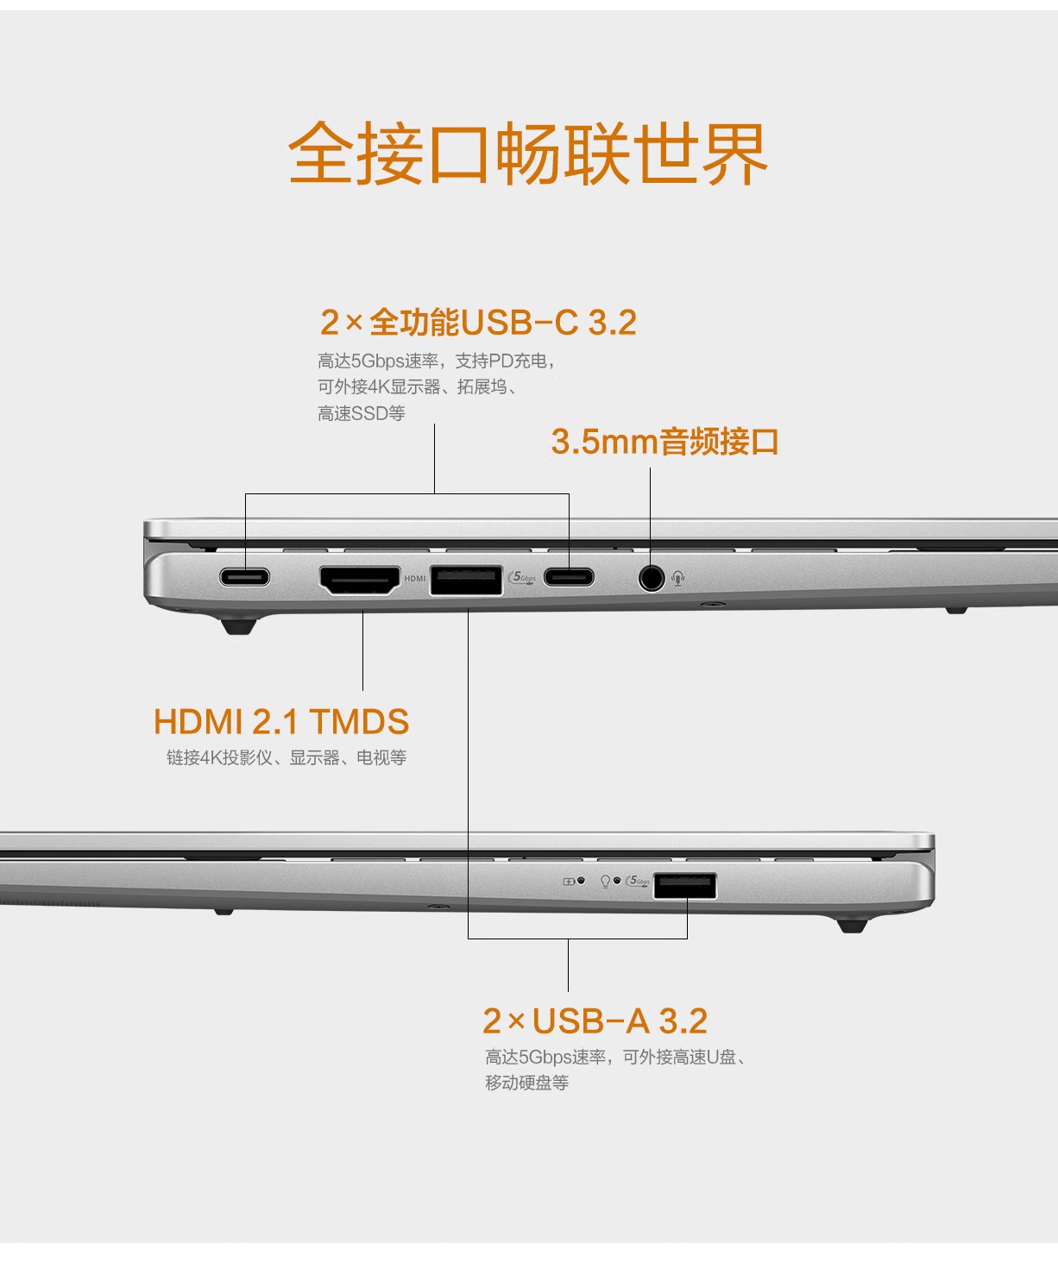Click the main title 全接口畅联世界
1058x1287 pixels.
tap(528, 154)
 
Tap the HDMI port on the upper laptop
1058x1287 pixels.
tap(360, 581)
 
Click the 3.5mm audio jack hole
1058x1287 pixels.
tap(652, 577)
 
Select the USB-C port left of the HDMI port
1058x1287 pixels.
tap(245, 577)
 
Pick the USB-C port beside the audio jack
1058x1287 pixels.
tap(569, 577)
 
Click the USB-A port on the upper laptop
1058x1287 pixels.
tap(466, 581)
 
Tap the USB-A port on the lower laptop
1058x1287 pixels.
tap(684, 886)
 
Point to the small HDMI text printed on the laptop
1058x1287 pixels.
tap(415, 579)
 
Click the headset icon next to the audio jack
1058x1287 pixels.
tap(677, 577)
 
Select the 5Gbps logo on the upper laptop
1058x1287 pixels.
tap(522, 577)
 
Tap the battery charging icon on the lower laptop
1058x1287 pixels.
tap(569, 882)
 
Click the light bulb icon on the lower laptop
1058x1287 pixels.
tap(605, 882)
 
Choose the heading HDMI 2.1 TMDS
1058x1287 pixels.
tap(280, 721)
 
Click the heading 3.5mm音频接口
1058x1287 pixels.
tap(664, 442)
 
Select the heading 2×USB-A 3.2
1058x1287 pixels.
tap(595, 1021)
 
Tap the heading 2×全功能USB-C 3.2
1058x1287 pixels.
tap(479, 323)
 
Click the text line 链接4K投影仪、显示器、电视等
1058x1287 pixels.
tap(287, 757)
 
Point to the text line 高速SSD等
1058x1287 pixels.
tap(362, 413)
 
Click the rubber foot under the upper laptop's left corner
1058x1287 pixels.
tap(239, 625)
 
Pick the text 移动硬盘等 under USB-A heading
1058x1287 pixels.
tap(527, 1082)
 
